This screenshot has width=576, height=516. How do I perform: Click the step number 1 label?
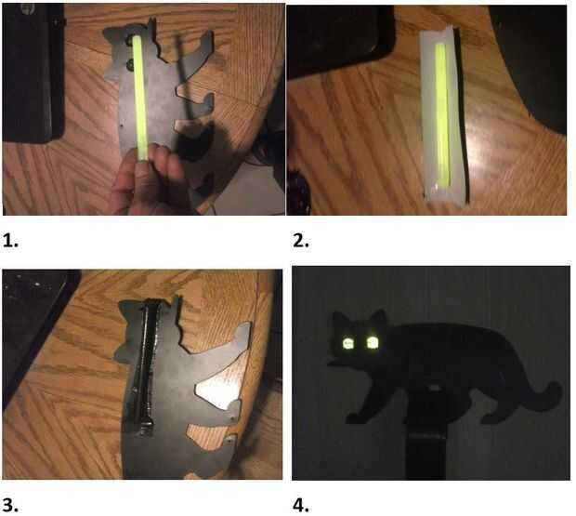coord(10,241)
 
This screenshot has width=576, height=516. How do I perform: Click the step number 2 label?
coord(301,241)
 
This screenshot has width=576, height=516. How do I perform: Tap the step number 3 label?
coord(10,506)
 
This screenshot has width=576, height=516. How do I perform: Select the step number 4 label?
coord(301,506)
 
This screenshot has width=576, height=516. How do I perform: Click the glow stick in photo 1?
coord(139,98)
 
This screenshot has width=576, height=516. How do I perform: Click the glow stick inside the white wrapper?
coord(442,114)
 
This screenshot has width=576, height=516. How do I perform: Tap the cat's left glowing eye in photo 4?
coord(347,344)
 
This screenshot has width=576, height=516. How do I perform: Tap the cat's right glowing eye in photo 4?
coord(373,342)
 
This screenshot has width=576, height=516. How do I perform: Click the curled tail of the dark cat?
coord(543,397)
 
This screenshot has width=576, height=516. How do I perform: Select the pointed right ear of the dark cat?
coord(379,317)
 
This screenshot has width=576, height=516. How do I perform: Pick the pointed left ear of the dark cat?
coord(339,318)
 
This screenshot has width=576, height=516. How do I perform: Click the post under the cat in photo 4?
coord(426,456)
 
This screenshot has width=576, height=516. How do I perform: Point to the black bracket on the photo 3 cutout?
coord(147,367)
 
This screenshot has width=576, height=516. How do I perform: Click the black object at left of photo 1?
coord(33,73)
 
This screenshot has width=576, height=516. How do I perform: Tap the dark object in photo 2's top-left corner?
coord(340,40)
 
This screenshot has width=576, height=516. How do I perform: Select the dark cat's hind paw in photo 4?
coord(492,418)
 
